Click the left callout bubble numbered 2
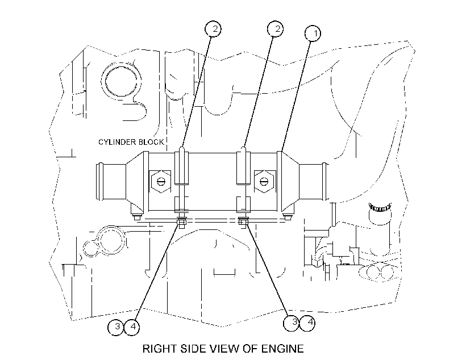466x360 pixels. click(213, 29)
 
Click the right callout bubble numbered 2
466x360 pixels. click(275, 29)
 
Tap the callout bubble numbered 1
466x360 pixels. click(313, 34)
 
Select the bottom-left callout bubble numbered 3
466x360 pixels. click(116, 327)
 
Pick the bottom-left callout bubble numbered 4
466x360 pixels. click(132, 327)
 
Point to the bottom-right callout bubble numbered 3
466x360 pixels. click(292, 323)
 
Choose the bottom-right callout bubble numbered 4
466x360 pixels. click(307, 323)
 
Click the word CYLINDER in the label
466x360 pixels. click(117, 142)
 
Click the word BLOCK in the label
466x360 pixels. click(151, 142)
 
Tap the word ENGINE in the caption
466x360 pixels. click(282, 349)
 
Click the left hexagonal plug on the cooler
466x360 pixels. click(160, 181)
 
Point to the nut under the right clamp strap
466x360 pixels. click(243, 221)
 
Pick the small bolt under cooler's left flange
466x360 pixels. click(137, 217)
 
